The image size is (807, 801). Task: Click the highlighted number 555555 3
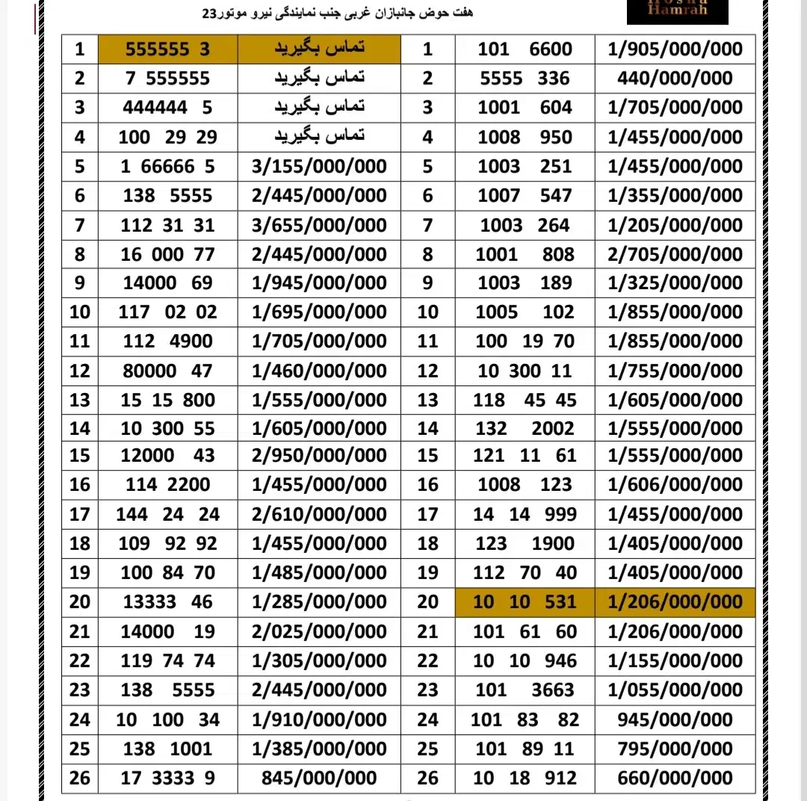(168, 49)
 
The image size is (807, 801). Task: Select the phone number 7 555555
(168, 78)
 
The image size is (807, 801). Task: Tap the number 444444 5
(168, 108)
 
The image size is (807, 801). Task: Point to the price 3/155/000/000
(319, 166)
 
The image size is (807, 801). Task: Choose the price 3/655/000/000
(319, 225)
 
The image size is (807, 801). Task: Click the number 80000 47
(168, 371)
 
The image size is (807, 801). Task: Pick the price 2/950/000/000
(319, 455)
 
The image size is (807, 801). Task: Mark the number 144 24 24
(168, 514)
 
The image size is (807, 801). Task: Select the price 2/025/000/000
(319, 631)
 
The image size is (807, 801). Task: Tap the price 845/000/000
(319, 778)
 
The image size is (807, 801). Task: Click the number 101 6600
(525, 49)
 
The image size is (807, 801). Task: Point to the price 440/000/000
(675, 78)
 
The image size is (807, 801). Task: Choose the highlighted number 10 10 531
(525, 601)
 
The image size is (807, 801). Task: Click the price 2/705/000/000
(675, 254)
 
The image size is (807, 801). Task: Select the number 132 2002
(525, 428)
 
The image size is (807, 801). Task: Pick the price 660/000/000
(675, 778)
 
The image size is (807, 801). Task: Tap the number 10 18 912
(525, 778)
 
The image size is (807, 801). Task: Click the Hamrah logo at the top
(677, 10)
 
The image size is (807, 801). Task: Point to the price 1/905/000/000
(675, 49)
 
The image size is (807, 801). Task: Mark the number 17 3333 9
(168, 778)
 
